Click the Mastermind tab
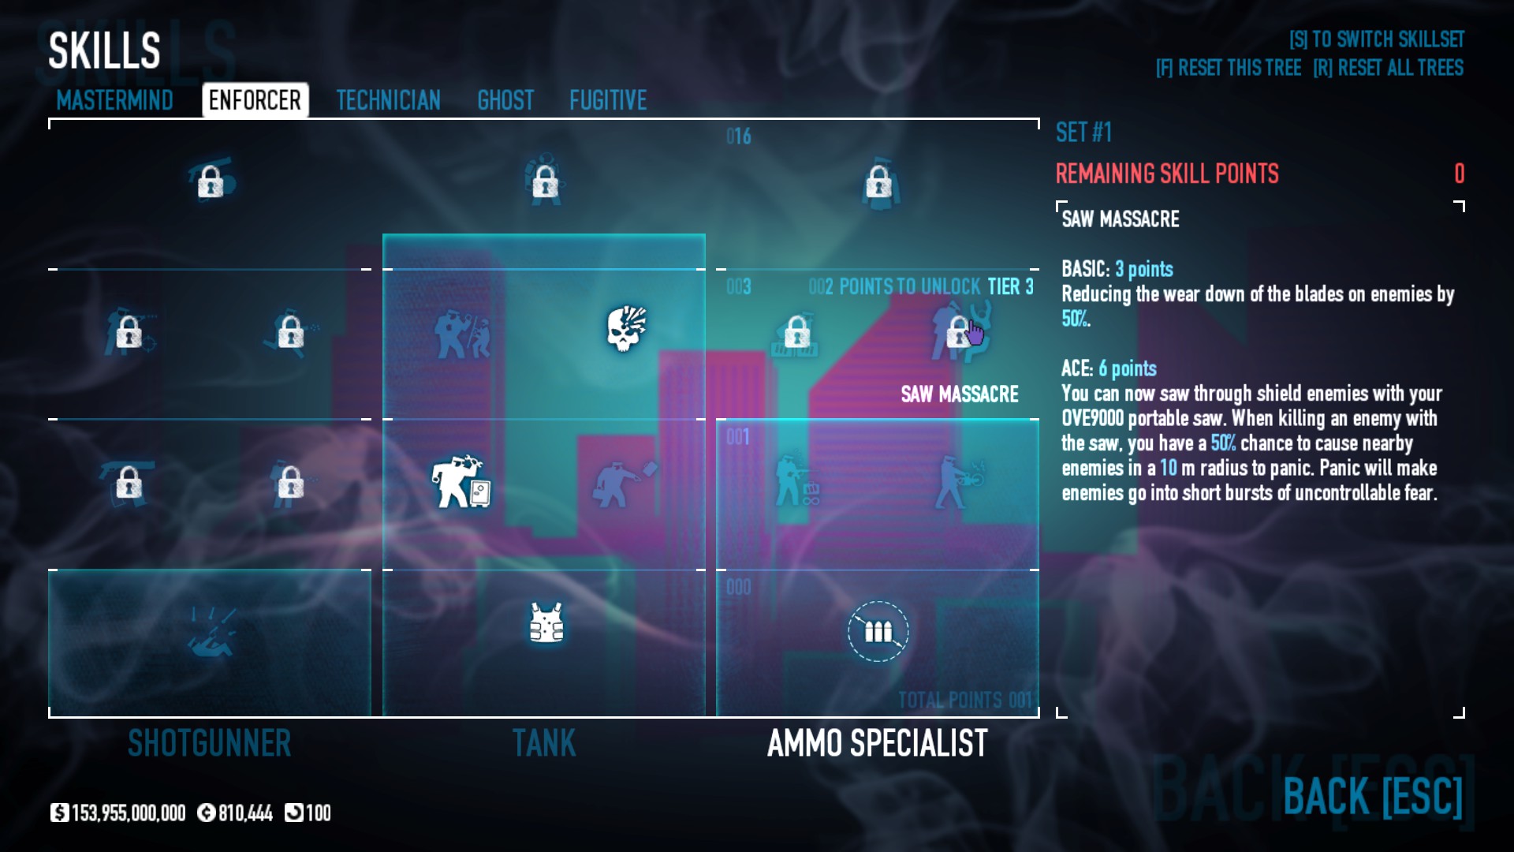[114, 100]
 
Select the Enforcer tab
[255, 100]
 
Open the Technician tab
[388, 100]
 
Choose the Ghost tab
[505, 100]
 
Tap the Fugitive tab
[608, 100]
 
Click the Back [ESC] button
[1372, 796]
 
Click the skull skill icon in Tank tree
[626, 328]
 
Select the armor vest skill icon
[546, 623]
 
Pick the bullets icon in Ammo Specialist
[878, 631]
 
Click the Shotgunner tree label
[210, 743]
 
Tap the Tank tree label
[544, 743]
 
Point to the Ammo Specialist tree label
[877, 743]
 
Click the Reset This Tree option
[1228, 68]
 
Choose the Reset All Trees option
[1388, 68]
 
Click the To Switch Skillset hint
[1376, 39]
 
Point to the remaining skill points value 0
[1459, 174]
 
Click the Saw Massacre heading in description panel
[1120, 219]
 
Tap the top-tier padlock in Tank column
[545, 182]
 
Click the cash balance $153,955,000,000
[118, 813]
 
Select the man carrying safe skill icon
[461, 481]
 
